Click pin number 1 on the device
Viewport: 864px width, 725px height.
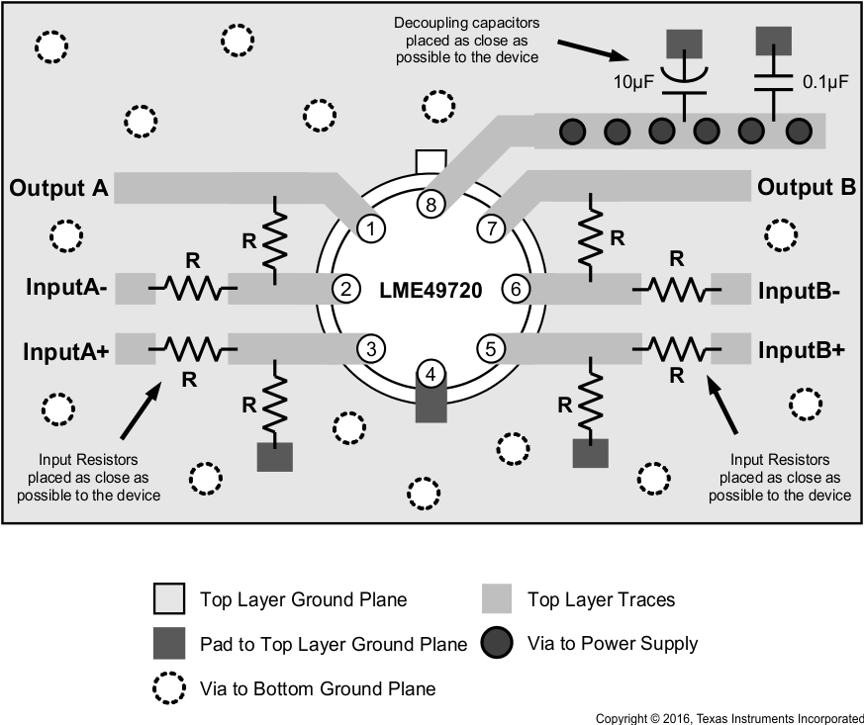tap(371, 228)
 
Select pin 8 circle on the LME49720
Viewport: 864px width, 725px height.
tap(432, 204)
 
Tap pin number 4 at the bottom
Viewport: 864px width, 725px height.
tap(431, 374)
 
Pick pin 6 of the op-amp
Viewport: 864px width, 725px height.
tap(516, 289)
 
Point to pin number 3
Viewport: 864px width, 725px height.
tap(371, 348)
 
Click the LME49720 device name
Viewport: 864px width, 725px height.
tap(431, 291)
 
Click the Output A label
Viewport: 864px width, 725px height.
tap(60, 187)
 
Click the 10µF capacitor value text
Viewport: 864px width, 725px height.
tap(632, 83)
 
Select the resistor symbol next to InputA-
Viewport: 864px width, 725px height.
tap(192, 288)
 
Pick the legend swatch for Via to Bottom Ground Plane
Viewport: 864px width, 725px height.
tap(169, 687)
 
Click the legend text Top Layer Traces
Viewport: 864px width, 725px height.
tap(601, 598)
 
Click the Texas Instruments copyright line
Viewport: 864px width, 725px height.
tap(728, 717)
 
